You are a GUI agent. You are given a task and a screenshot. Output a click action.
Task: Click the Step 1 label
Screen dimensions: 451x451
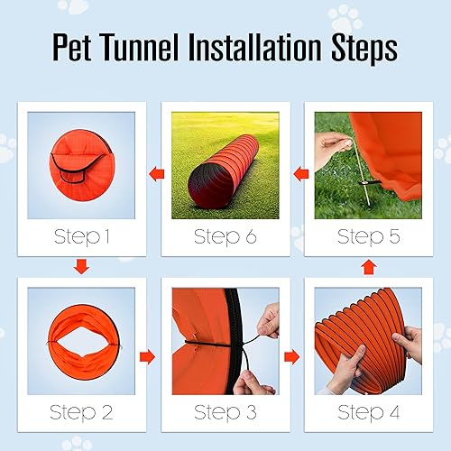pyautogui.click(x=81, y=238)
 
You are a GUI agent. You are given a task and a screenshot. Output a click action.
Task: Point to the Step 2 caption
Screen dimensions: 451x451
pyautogui.click(x=81, y=413)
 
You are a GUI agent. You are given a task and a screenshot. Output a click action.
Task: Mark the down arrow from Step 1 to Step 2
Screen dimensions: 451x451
pyautogui.click(x=81, y=266)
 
